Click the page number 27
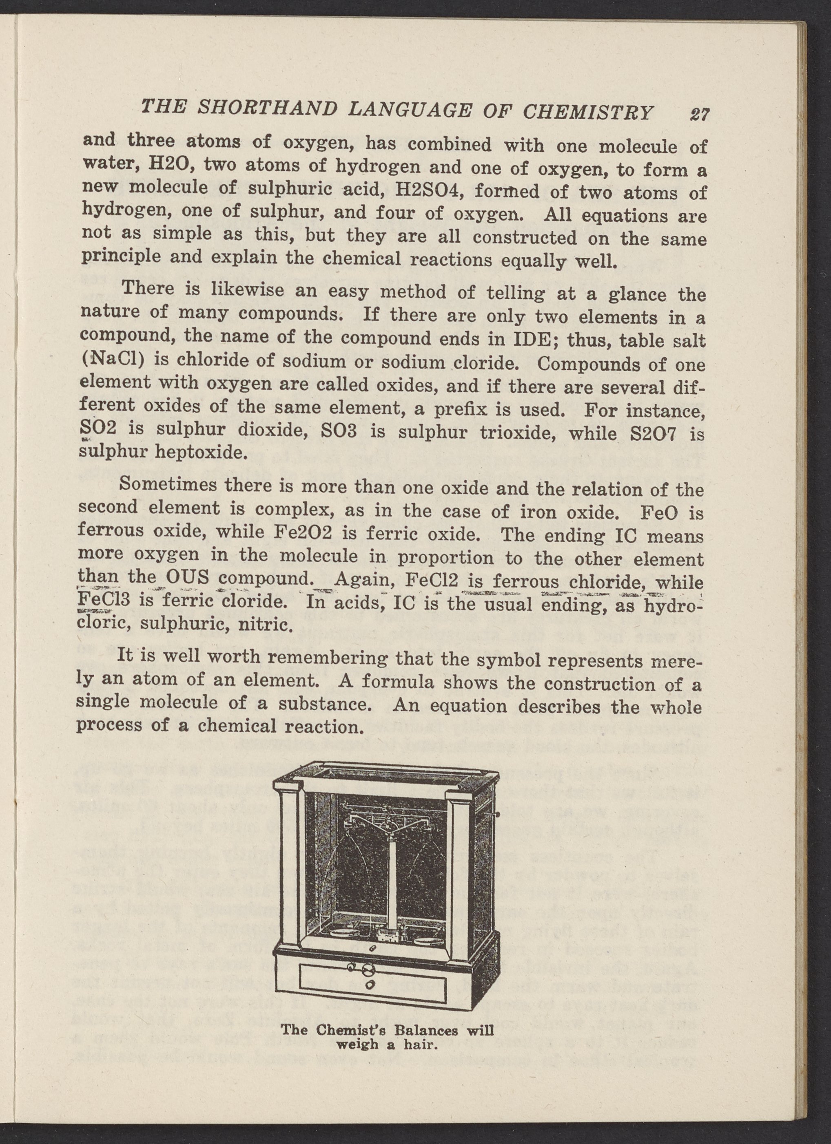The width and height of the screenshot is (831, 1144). coord(699,114)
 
